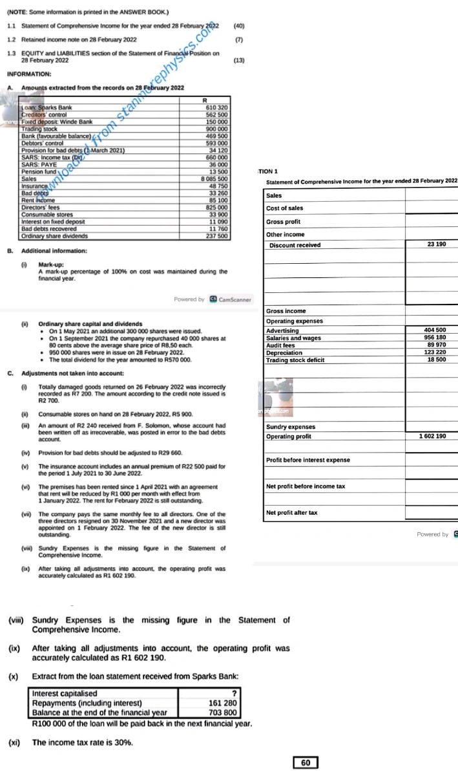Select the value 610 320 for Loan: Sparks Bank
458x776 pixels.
[x=214, y=107]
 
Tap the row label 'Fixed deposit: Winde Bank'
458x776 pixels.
[x=57, y=122]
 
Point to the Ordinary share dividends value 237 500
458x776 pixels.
[x=214, y=236]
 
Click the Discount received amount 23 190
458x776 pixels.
[x=440, y=245]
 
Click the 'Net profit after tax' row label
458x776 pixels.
[x=292, y=512]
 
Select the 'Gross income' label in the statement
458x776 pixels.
[x=286, y=311]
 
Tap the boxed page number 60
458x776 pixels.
[x=306, y=763]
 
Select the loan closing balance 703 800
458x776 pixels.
[x=223, y=713]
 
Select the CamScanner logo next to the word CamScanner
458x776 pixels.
[x=213, y=299]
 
